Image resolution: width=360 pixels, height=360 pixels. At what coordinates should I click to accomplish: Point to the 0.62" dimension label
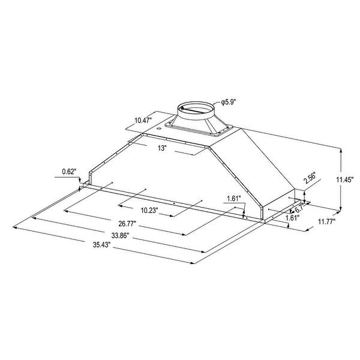(70, 172)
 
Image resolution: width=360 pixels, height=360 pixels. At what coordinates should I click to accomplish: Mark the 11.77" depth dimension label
(326, 221)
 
